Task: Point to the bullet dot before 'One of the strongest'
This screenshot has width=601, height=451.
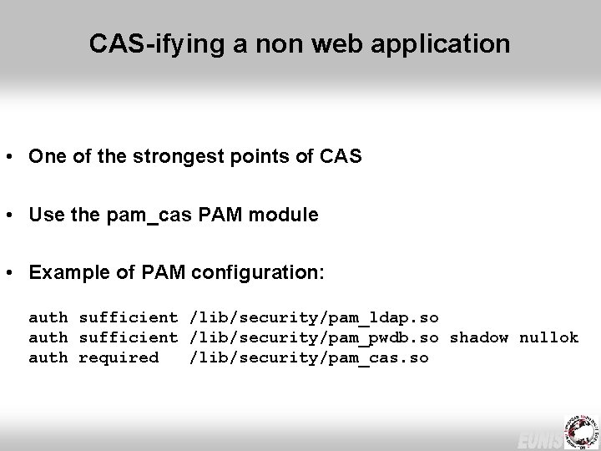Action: point(13,157)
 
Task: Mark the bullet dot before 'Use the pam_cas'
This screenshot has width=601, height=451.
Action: point(13,215)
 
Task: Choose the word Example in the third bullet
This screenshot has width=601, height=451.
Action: point(68,273)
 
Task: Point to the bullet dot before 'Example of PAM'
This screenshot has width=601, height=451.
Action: point(13,274)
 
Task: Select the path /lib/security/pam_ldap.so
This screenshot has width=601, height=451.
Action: point(314,317)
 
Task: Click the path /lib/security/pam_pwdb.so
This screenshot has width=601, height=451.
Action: point(314,337)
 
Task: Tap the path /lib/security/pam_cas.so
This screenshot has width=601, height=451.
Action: point(309,357)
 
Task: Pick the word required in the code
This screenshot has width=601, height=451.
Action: point(119,357)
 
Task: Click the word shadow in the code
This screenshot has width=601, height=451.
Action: point(479,337)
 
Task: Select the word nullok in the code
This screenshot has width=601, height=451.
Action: point(548,337)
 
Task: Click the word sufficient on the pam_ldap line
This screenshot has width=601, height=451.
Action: point(128,317)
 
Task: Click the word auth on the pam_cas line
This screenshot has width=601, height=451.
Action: point(48,357)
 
